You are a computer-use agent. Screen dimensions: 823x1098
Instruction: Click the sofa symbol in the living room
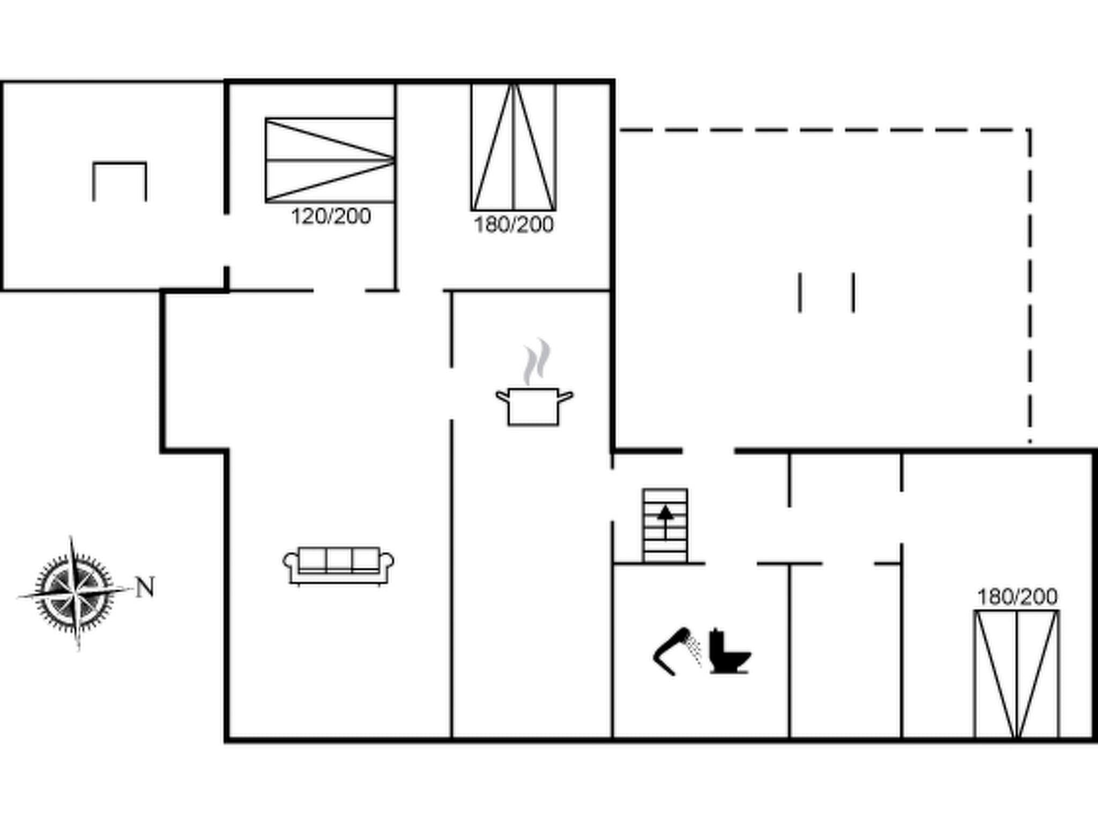click(x=338, y=566)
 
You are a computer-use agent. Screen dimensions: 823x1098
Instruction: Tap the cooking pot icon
click(x=533, y=407)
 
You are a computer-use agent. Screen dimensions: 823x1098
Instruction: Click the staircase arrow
click(x=665, y=520)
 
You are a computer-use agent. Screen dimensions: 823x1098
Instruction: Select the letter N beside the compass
click(x=145, y=587)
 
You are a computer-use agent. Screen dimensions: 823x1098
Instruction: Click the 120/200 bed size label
click(x=331, y=216)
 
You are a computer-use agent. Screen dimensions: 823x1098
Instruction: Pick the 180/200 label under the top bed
click(x=513, y=225)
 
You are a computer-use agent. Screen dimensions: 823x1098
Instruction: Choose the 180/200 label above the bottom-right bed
click(x=1017, y=597)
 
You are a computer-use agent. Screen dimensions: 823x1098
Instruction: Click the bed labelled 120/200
click(x=330, y=160)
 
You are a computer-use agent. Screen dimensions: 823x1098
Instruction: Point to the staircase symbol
click(x=665, y=525)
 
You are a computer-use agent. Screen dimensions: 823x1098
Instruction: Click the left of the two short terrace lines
click(x=800, y=292)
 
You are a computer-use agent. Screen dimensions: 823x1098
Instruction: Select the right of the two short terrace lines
click(x=854, y=292)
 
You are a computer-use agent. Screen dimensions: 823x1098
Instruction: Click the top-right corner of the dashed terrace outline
click(x=1029, y=130)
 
